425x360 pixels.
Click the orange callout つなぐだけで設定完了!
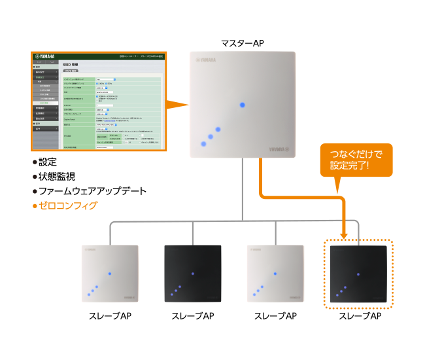pyautogui.click(x=356, y=160)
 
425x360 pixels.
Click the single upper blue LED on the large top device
pyautogui.click(x=242, y=105)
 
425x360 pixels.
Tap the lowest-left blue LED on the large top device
pyautogui.click(x=204, y=144)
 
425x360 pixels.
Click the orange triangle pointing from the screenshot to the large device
pyautogui.click(x=176, y=105)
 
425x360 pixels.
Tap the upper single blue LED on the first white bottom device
pyautogui.click(x=109, y=273)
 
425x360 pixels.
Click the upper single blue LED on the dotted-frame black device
pyautogui.click(x=358, y=273)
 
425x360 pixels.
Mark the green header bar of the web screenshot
pyautogui.click(x=98, y=57)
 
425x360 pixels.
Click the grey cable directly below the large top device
pyautogui.click(x=242, y=190)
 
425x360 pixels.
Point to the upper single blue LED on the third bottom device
pyautogui.click(x=275, y=273)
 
